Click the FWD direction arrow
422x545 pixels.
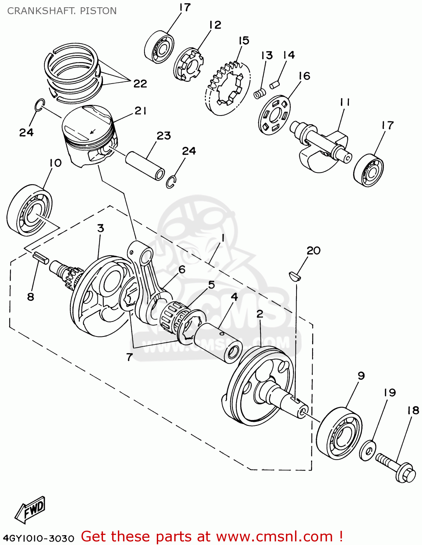point(30,509)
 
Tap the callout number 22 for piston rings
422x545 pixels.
point(140,84)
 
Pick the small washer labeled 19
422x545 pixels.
point(368,450)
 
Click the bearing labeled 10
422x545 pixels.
point(29,210)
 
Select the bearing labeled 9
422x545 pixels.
point(339,434)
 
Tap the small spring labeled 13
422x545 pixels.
point(259,94)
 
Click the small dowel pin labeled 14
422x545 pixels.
point(274,85)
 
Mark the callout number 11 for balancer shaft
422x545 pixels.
point(345,102)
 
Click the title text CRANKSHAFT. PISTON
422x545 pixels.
point(62,11)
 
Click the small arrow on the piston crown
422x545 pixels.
point(93,130)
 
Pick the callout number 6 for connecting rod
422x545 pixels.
point(182,269)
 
